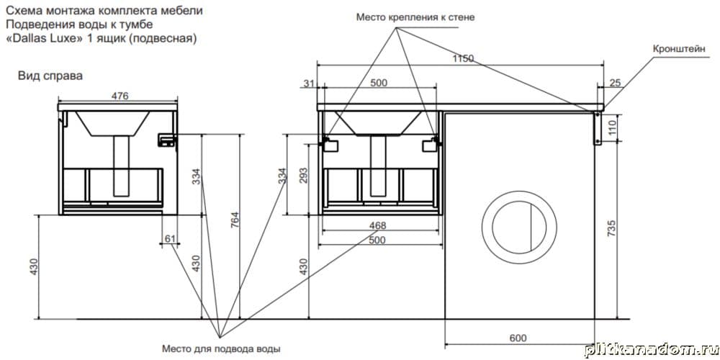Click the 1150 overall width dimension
[x=464, y=58]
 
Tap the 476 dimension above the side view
[x=120, y=96]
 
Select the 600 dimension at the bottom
[x=518, y=338]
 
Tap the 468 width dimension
[x=379, y=225]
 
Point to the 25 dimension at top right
[x=615, y=83]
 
